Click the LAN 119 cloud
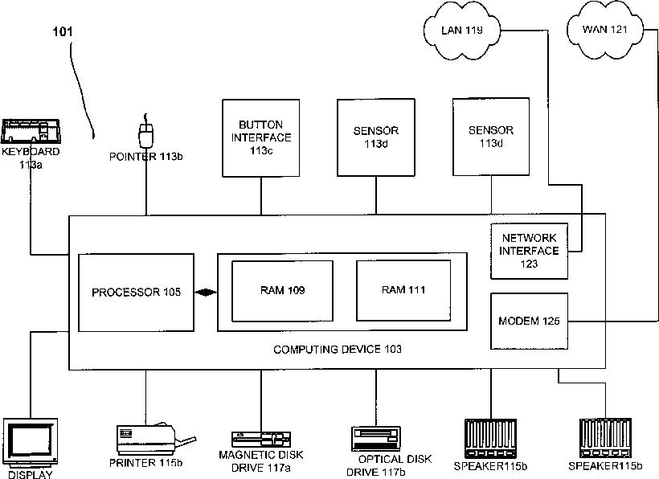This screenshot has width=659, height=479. (462, 31)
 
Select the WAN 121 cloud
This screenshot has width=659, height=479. (605, 30)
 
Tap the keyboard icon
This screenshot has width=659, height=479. (31, 132)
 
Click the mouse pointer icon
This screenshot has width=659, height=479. (145, 133)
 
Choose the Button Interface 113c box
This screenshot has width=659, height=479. (261, 137)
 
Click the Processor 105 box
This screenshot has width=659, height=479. (136, 293)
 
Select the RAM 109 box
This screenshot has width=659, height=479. (282, 291)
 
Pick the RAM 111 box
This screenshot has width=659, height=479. (403, 290)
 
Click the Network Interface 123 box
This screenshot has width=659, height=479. (529, 251)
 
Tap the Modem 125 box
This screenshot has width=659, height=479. (529, 321)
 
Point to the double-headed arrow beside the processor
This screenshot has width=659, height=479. (206, 293)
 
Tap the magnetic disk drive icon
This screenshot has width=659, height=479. (261, 440)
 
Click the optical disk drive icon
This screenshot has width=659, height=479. (376, 439)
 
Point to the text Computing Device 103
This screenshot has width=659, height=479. (338, 350)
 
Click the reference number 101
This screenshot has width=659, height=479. (63, 31)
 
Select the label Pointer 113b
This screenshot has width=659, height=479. (145, 157)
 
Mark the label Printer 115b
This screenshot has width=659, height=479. (145, 463)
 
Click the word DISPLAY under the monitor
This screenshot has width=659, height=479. (31, 475)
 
